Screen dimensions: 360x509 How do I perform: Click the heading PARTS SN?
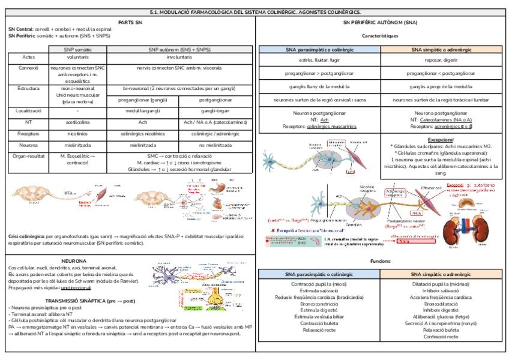click(130, 22)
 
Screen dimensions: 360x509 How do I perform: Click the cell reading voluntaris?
click(79, 58)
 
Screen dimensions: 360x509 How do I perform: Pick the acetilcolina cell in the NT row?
click(78, 122)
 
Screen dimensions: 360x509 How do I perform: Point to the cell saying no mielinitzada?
click(215, 145)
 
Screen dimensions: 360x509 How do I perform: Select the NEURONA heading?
click(74, 261)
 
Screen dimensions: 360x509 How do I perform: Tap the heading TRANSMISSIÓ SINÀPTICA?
click(74, 299)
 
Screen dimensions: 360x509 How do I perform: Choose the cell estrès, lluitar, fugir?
click(319, 61)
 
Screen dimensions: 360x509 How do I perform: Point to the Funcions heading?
click(381, 261)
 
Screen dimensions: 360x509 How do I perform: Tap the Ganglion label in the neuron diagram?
click(355, 224)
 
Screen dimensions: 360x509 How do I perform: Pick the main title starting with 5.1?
click(254, 11)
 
